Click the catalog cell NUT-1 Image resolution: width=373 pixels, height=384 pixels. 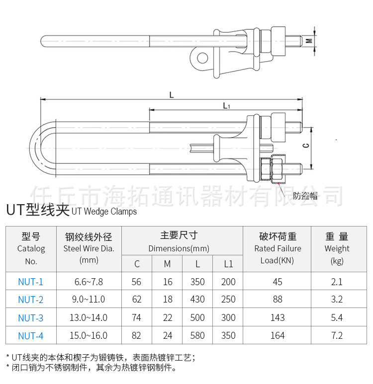[x=31, y=282]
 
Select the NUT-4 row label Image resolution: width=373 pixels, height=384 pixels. [x=31, y=335]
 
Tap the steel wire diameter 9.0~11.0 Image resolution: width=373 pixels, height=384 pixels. [x=89, y=300]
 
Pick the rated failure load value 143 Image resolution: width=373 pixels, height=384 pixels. [x=278, y=317]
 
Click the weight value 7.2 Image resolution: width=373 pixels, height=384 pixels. [x=337, y=335]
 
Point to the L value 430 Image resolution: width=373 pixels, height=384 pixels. [x=197, y=300]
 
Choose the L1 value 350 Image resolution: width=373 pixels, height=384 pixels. [x=228, y=335]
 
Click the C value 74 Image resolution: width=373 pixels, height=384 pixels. [x=137, y=317]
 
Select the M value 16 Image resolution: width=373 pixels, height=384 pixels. [x=168, y=282]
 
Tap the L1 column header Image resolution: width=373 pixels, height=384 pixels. [x=228, y=264]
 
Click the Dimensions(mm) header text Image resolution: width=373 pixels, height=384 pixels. [x=179, y=248]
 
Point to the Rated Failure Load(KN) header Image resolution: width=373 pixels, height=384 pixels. [x=278, y=248]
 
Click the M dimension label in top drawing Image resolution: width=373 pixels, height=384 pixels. [x=309, y=41]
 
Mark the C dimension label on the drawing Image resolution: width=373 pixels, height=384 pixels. [x=306, y=145]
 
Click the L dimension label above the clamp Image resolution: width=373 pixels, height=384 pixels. [x=172, y=95]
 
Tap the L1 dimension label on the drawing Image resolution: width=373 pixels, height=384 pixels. [x=226, y=105]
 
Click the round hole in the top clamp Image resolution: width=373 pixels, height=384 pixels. [x=202, y=59]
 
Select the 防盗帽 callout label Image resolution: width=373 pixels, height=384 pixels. [x=305, y=195]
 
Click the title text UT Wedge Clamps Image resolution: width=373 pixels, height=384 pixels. [x=104, y=212]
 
